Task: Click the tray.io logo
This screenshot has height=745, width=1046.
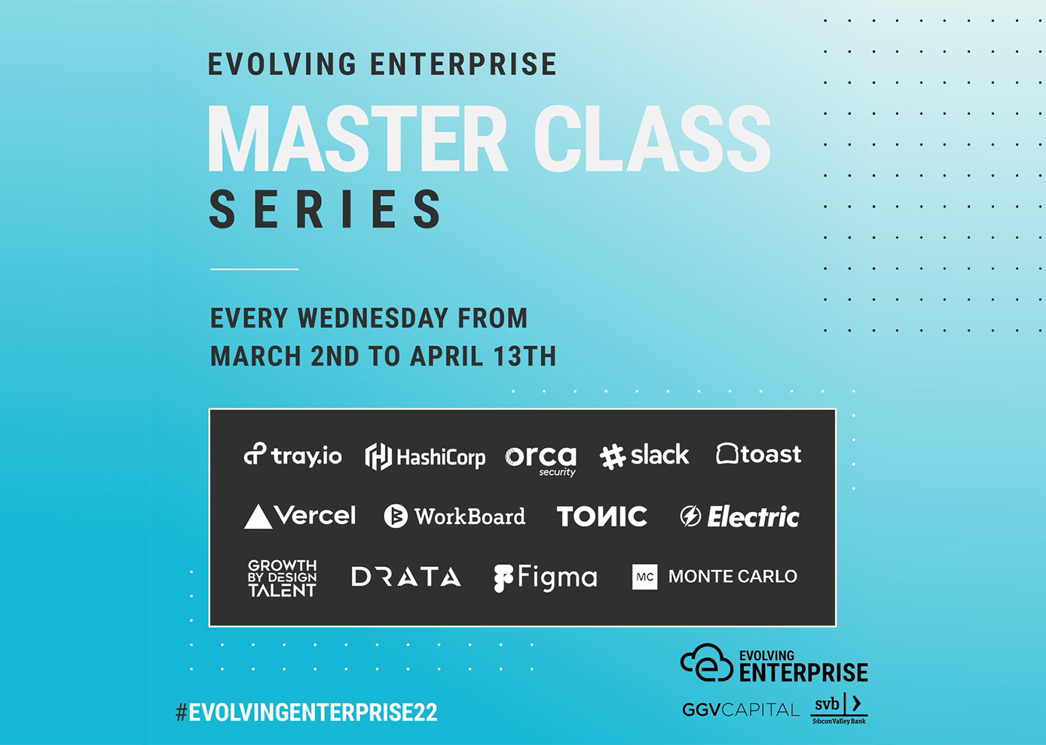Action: pyautogui.click(x=293, y=455)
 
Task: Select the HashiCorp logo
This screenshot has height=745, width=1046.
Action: pyautogui.click(x=425, y=456)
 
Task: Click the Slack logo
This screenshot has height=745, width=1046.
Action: pyautogui.click(x=644, y=455)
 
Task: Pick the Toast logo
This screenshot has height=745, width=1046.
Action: pyautogui.click(x=759, y=454)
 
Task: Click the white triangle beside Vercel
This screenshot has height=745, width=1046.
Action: pyautogui.click(x=258, y=517)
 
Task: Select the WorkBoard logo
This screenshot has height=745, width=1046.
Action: pyautogui.click(x=454, y=517)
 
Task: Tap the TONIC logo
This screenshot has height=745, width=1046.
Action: pyautogui.click(x=602, y=517)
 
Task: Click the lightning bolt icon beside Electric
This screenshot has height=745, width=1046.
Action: pyautogui.click(x=690, y=516)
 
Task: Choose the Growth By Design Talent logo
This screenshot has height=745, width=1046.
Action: pyautogui.click(x=282, y=578)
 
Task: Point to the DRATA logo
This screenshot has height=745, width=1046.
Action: pyautogui.click(x=406, y=576)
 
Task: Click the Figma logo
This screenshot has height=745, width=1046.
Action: pyautogui.click(x=546, y=578)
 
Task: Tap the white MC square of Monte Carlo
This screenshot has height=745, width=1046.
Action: pyautogui.click(x=644, y=577)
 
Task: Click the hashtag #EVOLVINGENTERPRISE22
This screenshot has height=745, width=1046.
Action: pyautogui.click(x=306, y=713)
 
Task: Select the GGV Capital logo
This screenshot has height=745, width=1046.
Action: pyautogui.click(x=741, y=710)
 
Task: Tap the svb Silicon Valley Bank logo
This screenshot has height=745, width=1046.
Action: pyautogui.click(x=839, y=709)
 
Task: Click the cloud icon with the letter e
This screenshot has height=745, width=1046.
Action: pyautogui.click(x=707, y=663)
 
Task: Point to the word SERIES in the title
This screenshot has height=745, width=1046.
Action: pyautogui.click(x=325, y=209)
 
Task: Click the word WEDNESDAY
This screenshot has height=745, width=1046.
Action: pyautogui.click(x=373, y=318)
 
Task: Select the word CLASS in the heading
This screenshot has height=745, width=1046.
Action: pyautogui.click(x=653, y=138)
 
